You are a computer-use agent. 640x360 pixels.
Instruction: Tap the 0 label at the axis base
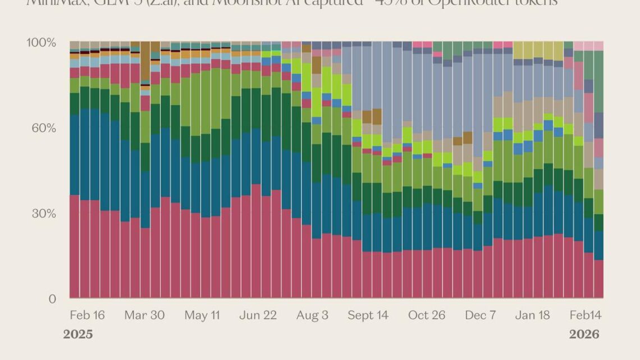point(52,299)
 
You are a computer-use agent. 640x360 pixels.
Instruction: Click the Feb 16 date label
point(87,315)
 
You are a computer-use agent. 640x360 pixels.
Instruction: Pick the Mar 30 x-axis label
point(144,315)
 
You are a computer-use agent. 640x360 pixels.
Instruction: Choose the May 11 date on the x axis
point(203,315)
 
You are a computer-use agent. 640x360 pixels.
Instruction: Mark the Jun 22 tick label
point(258,315)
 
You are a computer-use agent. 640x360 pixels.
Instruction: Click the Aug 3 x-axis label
point(313,315)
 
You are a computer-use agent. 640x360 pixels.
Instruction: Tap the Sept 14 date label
point(368,315)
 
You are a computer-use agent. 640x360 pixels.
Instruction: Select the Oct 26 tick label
point(427,315)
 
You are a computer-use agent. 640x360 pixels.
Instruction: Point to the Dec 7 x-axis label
point(480,315)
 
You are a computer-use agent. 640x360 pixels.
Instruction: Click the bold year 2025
point(78,334)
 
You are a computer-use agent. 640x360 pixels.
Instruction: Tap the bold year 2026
point(584,334)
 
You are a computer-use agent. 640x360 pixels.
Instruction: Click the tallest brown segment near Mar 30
point(145,62)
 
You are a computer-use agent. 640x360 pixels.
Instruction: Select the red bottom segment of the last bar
point(598,279)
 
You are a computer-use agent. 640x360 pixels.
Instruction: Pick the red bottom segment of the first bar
point(74,247)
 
